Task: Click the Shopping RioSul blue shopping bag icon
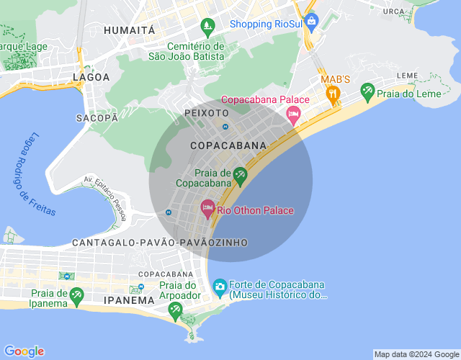[x=311, y=22]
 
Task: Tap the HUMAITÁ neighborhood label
[x=130, y=30]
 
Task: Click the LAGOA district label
[x=91, y=76]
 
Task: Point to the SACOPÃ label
[x=97, y=117]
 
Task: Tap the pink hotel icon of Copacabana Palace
[x=293, y=114]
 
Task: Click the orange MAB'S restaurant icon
[x=333, y=93]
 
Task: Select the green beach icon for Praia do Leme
[x=368, y=91]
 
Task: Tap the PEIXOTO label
[x=207, y=113]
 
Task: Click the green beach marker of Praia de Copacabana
[x=240, y=175]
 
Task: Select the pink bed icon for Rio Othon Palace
[x=207, y=210]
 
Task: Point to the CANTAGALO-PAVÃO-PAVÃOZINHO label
[x=160, y=243]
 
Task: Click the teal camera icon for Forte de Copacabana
[x=220, y=287]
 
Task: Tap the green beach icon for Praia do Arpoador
[x=175, y=310]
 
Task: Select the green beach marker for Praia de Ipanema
[x=76, y=295]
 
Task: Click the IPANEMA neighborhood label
[x=129, y=300]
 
